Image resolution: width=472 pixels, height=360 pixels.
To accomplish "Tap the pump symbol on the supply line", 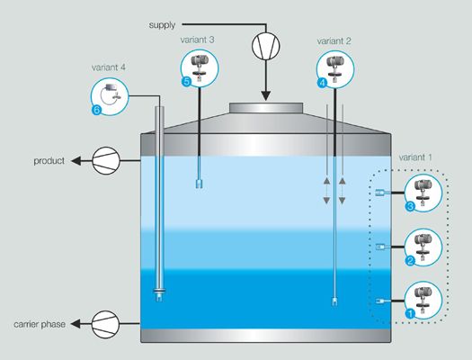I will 265,45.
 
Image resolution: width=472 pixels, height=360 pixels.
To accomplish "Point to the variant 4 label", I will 108,67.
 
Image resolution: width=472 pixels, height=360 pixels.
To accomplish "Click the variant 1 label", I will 420,157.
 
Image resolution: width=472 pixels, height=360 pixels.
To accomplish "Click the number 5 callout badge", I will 187,82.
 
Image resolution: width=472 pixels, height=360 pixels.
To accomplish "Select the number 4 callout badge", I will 322,82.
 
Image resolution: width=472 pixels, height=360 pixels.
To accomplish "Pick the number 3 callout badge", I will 410,206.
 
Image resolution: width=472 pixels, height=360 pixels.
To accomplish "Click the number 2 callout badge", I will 410,261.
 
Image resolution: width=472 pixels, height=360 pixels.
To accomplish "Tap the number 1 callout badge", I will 410,314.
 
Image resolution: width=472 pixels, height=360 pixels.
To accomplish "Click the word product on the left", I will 48,161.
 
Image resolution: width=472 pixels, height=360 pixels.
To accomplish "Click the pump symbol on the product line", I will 105,161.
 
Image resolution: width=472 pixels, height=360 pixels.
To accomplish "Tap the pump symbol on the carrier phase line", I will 105,321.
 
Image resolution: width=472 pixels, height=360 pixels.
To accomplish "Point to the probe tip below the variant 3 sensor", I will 197,184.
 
